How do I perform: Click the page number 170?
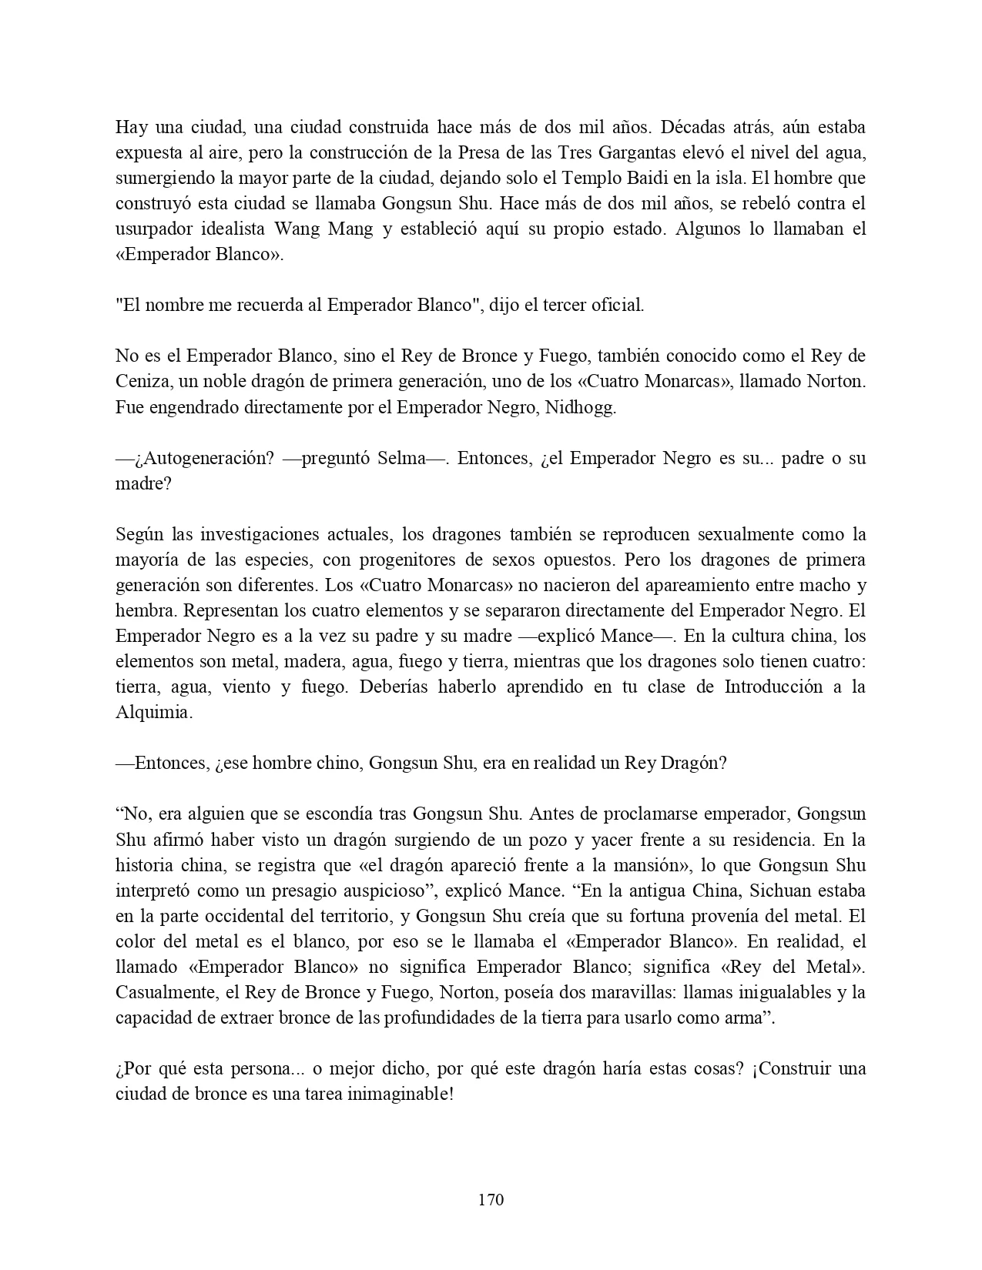click(491, 1200)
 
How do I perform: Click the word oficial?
click(617, 306)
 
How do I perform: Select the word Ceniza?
click(142, 383)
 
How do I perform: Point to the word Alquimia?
click(152, 713)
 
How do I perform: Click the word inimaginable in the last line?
click(407, 1095)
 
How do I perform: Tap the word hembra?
click(141, 611)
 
